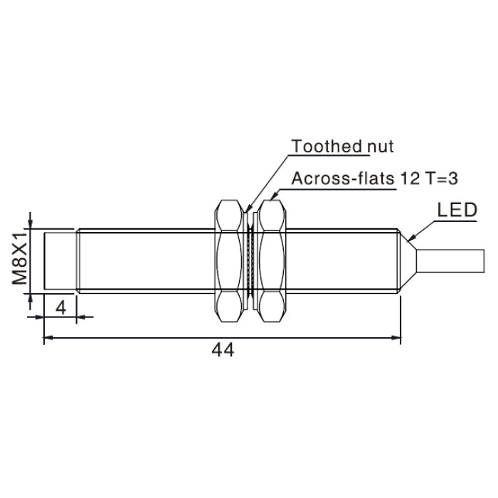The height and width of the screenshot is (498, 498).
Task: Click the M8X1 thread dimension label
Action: tap(20, 258)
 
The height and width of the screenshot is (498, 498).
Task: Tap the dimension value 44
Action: tap(223, 350)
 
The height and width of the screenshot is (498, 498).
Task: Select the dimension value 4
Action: tap(60, 307)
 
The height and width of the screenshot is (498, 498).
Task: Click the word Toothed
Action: tap(327, 146)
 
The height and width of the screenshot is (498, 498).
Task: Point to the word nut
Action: tap(380, 147)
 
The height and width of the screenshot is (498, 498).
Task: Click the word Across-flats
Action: tap(343, 179)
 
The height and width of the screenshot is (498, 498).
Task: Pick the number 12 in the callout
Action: tap(410, 179)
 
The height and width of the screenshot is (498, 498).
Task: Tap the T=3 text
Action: tap(441, 179)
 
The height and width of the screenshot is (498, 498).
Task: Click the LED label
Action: tap(457, 210)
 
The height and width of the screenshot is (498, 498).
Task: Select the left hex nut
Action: tap(228, 261)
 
